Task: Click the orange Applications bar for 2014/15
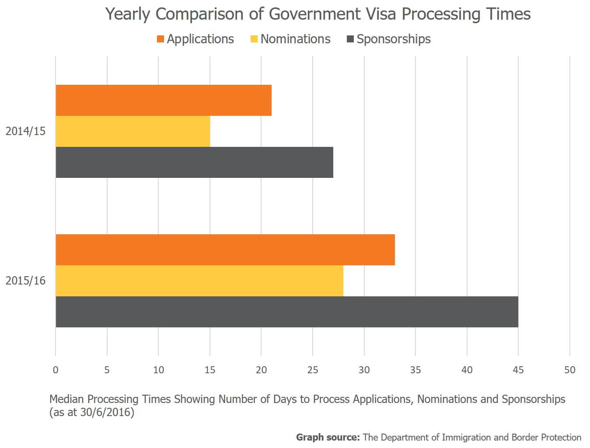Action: pyautogui.click(x=164, y=100)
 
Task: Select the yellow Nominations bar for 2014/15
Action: pyautogui.click(x=133, y=131)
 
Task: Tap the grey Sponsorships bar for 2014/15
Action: pyautogui.click(x=194, y=162)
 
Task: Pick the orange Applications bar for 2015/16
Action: pyautogui.click(x=225, y=250)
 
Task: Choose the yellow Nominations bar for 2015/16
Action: pyautogui.click(x=199, y=281)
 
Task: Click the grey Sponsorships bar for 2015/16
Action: pyautogui.click(x=287, y=312)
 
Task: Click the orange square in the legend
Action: pyautogui.click(x=161, y=39)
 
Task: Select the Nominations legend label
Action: pyautogui.click(x=295, y=39)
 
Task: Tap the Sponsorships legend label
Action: pyautogui.click(x=393, y=39)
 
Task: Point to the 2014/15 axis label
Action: pyautogui.click(x=25, y=131)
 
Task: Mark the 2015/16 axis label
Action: pyautogui.click(x=25, y=281)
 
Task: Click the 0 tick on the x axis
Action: pyautogui.click(x=56, y=370)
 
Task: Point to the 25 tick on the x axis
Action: pyautogui.click(x=313, y=370)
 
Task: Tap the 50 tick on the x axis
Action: pyautogui.click(x=569, y=370)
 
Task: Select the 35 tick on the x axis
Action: pyautogui.click(x=415, y=370)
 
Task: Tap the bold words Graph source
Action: pyautogui.click(x=328, y=437)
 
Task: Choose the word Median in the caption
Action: pyautogui.click(x=66, y=399)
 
